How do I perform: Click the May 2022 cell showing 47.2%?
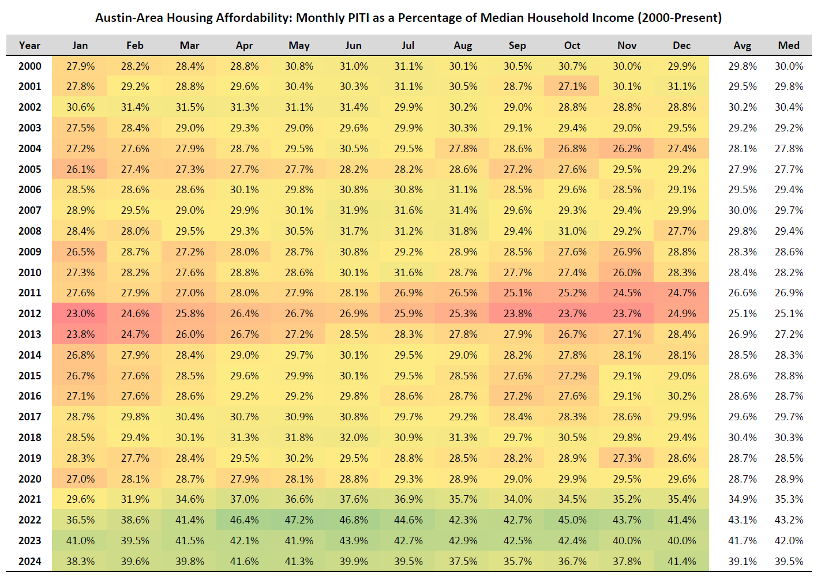pyautogui.click(x=299, y=520)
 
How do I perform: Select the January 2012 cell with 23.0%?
pyautogui.click(x=80, y=314)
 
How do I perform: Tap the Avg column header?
pyautogui.click(x=742, y=46)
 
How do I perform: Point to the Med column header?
pyautogui.click(x=789, y=46)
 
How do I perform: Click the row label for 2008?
pyautogui.click(x=30, y=231)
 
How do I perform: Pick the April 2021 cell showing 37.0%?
pyautogui.click(x=244, y=499)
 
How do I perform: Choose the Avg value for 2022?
pyautogui.click(x=742, y=520)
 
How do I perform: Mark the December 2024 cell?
pyautogui.click(x=681, y=562)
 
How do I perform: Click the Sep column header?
pyautogui.click(x=517, y=46)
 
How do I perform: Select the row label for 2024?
pyautogui.click(x=30, y=562)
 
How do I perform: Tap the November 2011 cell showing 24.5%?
pyautogui.click(x=627, y=293)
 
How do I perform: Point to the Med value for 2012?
pyautogui.click(x=789, y=314)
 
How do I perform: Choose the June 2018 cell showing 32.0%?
pyautogui.click(x=354, y=438)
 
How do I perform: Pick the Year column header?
pyautogui.click(x=29, y=46)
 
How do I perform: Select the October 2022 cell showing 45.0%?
pyautogui.click(x=572, y=520)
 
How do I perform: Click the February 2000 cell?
pyautogui.click(x=135, y=66)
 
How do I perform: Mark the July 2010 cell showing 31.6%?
pyautogui.click(x=408, y=273)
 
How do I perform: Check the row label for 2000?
pyautogui.click(x=30, y=66)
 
